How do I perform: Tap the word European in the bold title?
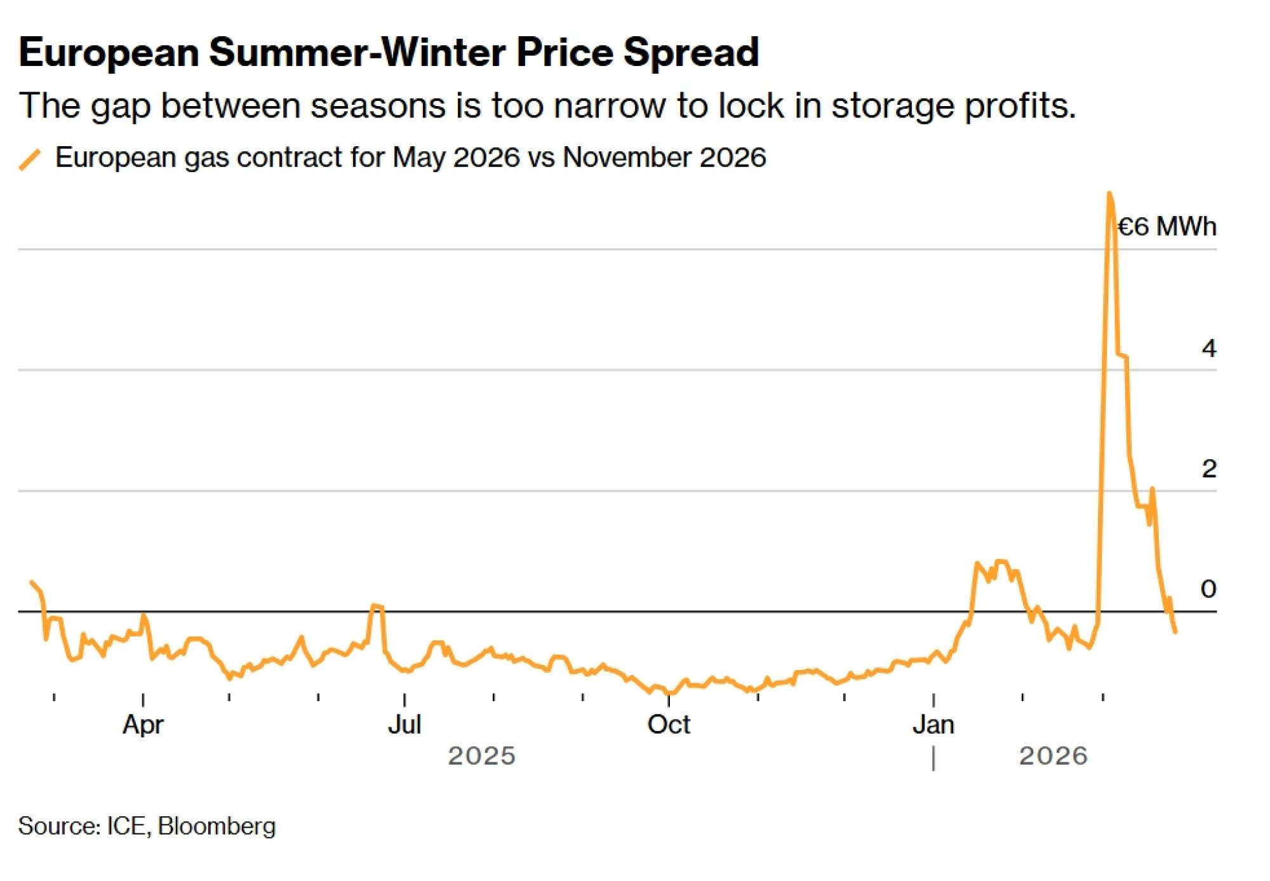[109, 52]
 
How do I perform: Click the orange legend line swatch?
[30, 159]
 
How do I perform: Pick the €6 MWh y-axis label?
[1166, 227]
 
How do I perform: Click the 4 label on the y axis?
[1208, 348]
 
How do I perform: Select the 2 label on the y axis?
[1208, 469]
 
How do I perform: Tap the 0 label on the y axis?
[1208, 589]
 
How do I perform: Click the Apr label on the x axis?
[143, 724]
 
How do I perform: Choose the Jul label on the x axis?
[404, 724]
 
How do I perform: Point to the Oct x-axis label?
[669, 724]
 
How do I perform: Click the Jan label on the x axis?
[933, 724]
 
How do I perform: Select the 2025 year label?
[481, 756]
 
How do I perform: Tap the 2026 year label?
[1053, 756]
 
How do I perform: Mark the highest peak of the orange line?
[1109, 193]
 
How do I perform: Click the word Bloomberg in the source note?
[217, 826]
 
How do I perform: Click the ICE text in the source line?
[127, 826]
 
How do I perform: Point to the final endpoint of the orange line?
[1175, 631]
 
